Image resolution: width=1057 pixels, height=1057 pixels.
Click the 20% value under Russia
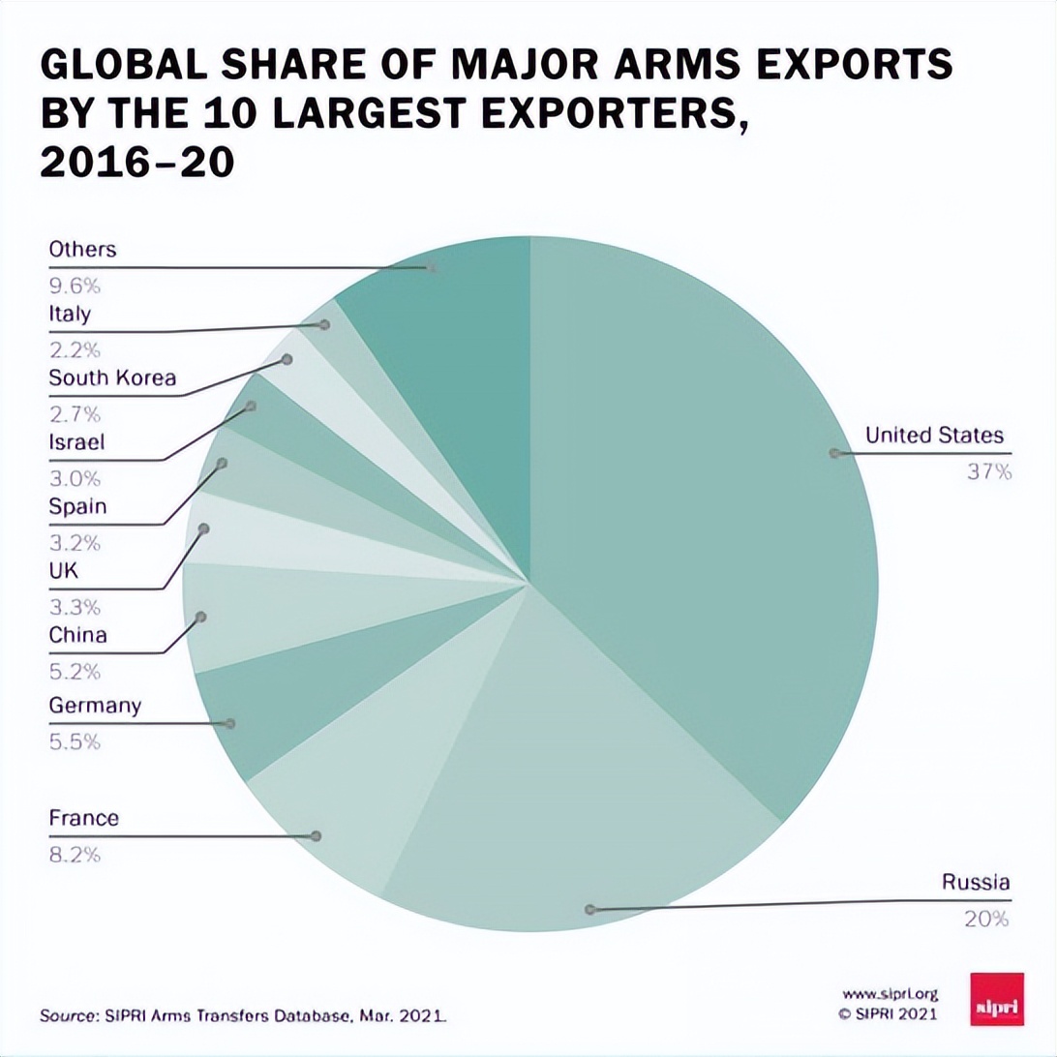pyautogui.click(x=986, y=919)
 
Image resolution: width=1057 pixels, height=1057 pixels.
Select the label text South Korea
pyautogui.click(x=112, y=377)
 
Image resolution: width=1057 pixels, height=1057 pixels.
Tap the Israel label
pyautogui.click(x=76, y=442)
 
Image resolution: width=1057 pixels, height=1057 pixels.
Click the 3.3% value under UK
pyautogui.click(x=75, y=608)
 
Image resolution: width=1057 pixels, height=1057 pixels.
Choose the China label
pyautogui.click(x=77, y=636)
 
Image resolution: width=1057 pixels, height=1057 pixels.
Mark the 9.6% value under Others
pyautogui.click(x=75, y=286)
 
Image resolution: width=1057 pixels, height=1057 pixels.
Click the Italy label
pyautogui.click(x=70, y=314)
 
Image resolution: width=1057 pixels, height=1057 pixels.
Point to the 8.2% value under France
pyautogui.click(x=75, y=855)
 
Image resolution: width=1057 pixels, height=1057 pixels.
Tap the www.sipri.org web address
pyautogui.click(x=890, y=994)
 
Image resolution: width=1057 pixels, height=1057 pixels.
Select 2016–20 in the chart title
pyautogui.click(x=136, y=163)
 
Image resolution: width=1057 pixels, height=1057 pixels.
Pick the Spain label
pyautogui.click(x=77, y=506)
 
